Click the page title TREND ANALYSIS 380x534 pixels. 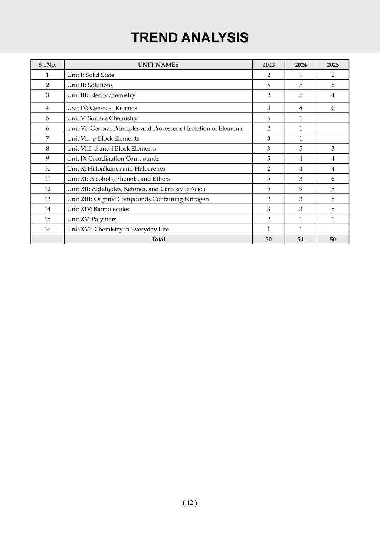click(190, 38)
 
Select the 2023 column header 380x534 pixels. click(269, 65)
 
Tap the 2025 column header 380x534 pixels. click(332, 65)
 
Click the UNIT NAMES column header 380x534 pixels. click(158, 65)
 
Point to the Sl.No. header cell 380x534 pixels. click(47, 65)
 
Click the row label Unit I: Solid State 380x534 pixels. click(91, 75)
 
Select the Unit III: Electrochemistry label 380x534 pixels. click(101, 95)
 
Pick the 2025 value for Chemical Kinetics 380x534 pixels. click(332, 108)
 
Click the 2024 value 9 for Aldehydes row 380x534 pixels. click(301, 189)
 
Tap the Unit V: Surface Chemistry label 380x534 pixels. click(102, 118)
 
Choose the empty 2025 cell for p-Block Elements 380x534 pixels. click(332, 139)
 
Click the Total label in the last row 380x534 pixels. click(158, 240)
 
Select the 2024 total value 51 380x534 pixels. click(301, 240)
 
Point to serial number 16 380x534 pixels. click(47, 230)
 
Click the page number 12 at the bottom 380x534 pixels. click(190, 503)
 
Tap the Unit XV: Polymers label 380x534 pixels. click(91, 219)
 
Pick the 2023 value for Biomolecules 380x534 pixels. click(269, 209)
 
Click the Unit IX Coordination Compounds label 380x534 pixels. click(113, 159)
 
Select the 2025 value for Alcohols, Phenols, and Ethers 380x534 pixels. click(332, 179)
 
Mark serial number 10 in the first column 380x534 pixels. click(47, 169)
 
